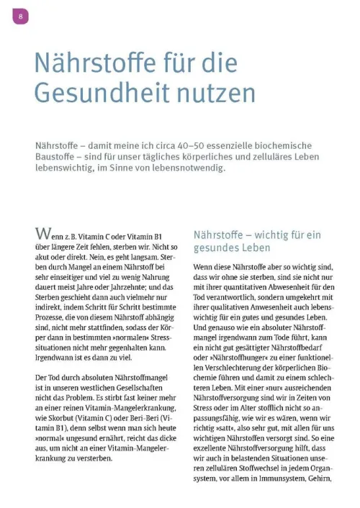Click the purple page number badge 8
tap(20, 16)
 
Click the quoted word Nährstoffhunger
tap(233, 357)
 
